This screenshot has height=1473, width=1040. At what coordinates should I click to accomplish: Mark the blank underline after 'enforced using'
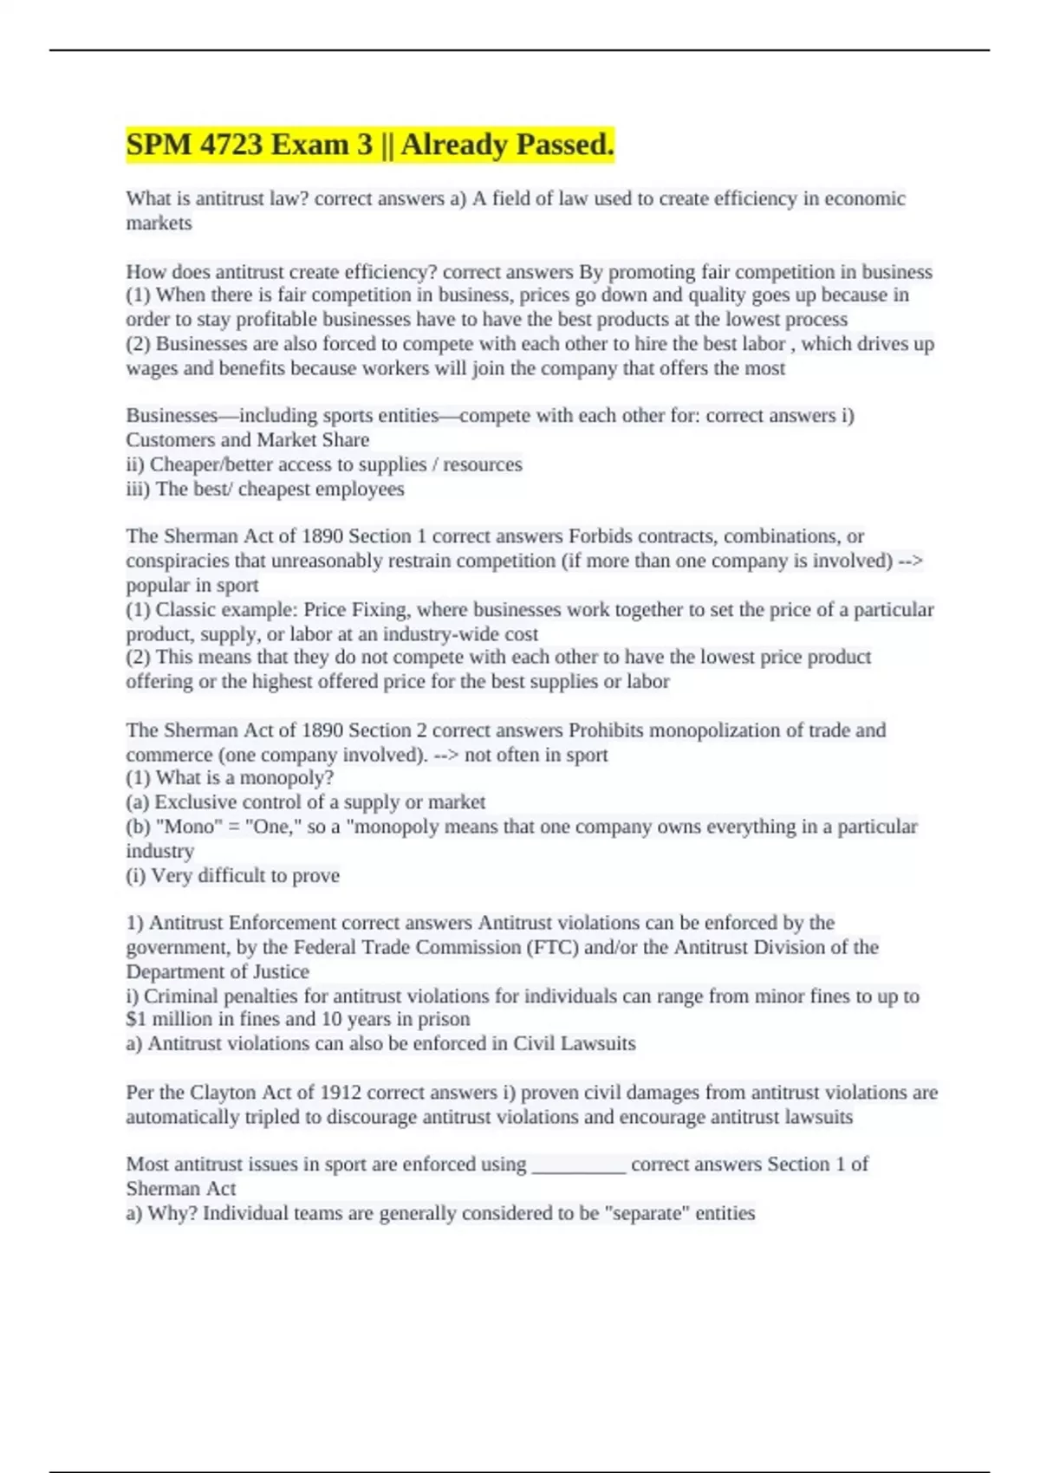click(x=578, y=1165)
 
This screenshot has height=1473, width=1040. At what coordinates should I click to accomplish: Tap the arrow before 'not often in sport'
click(x=445, y=755)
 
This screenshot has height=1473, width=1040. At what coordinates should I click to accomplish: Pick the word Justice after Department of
click(x=279, y=971)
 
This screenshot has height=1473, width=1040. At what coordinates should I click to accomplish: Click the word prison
click(x=443, y=1019)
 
